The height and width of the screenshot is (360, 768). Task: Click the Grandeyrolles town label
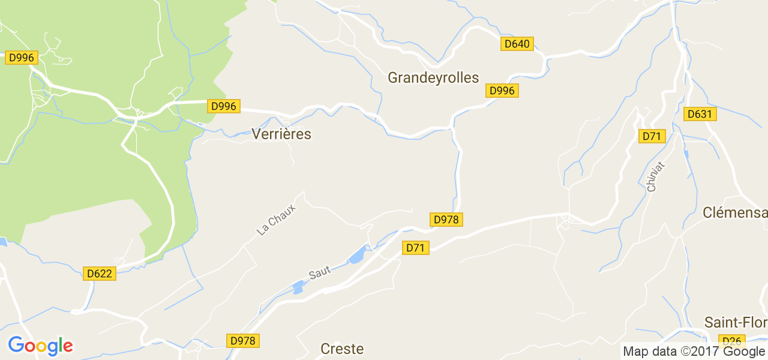tap(433, 77)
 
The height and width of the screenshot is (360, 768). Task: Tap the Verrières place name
tap(281, 134)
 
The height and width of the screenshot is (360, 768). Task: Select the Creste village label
tap(342, 349)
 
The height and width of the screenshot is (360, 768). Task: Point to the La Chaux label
tap(276, 220)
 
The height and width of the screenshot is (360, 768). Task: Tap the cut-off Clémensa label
tap(734, 213)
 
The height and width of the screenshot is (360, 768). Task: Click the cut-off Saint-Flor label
tap(736, 322)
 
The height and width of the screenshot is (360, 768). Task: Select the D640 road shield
tap(517, 44)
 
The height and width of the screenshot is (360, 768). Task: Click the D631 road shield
tap(700, 114)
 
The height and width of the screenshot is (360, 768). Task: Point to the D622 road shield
tap(99, 274)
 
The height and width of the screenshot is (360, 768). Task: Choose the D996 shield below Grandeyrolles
tap(502, 91)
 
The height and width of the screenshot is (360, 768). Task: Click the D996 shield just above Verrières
tap(224, 106)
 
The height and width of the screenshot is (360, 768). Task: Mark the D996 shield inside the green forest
tap(22, 58)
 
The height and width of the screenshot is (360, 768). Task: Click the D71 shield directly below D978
tap(415, 247)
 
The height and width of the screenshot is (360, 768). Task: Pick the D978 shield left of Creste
tap(243, 341)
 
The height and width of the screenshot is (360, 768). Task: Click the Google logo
tap(41, 346)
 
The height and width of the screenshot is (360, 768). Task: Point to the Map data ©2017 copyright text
tap(694, 352)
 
